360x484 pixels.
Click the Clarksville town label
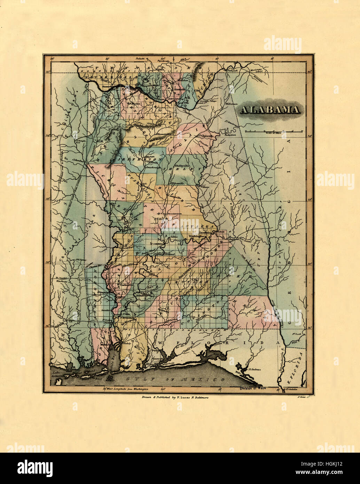pos(125,284)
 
